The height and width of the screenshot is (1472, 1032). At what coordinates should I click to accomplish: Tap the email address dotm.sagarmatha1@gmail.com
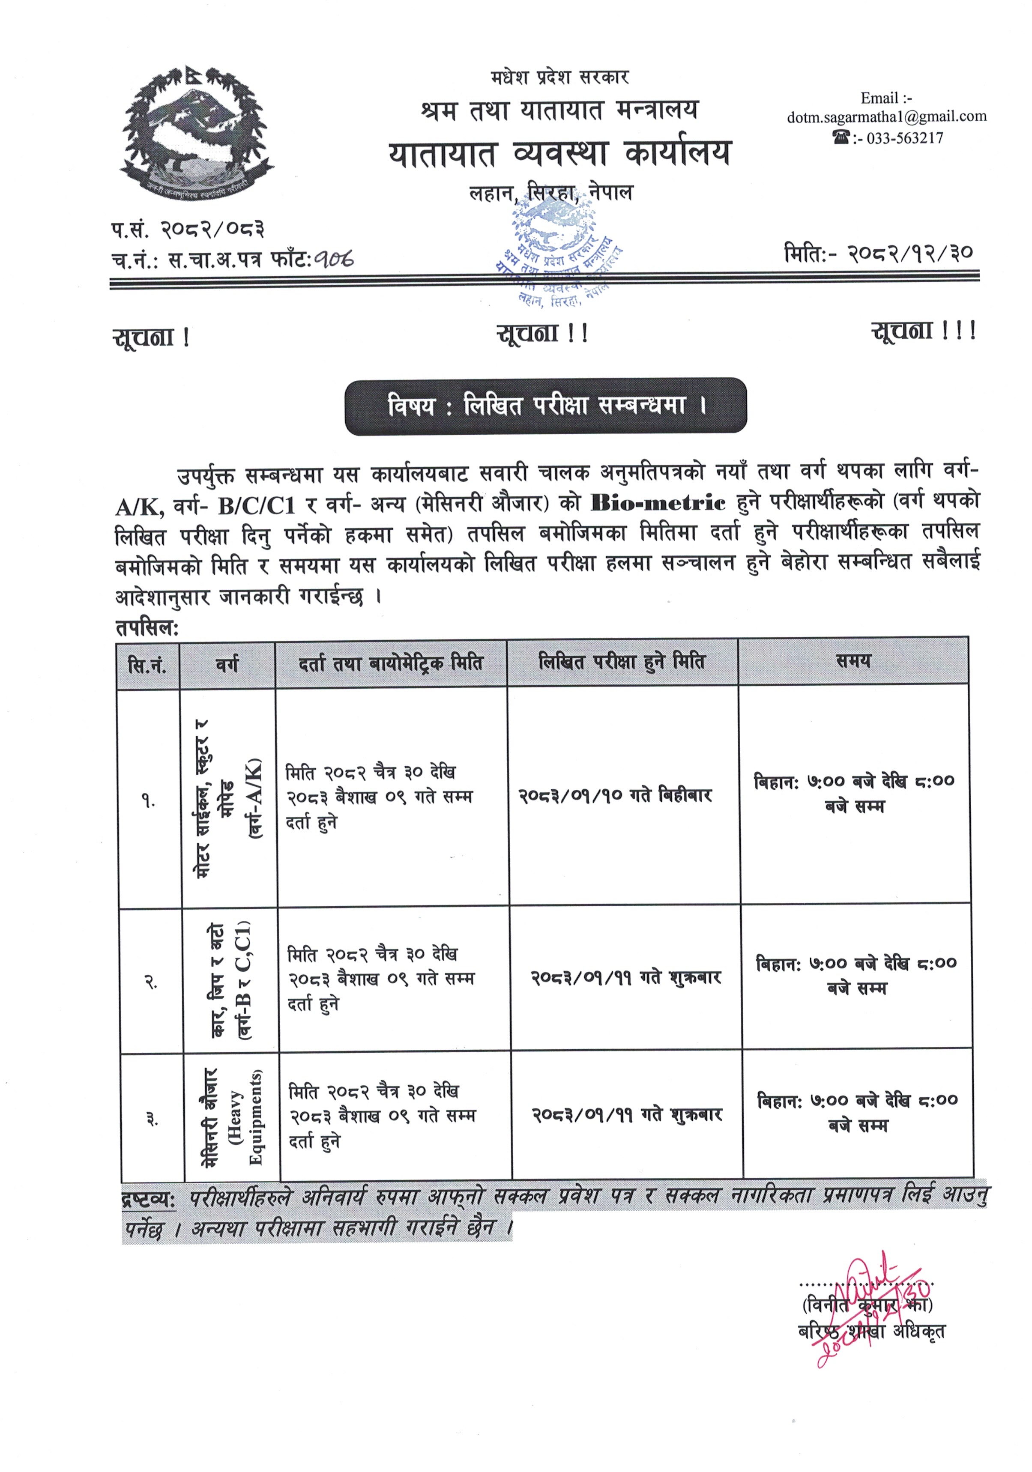click(x=886, y=116)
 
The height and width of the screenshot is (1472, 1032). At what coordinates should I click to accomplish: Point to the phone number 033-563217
click(x=904, y=138)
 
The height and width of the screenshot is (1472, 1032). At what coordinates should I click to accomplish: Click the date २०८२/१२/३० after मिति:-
click(x=911, y=253)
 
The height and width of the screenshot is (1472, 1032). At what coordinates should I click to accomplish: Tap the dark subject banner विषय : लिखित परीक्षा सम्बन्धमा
click(x=546, y=406)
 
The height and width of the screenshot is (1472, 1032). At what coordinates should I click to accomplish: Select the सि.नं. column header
click(x=147, y=665)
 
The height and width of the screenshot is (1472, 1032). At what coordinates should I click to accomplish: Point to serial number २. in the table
click(x=151, y=982)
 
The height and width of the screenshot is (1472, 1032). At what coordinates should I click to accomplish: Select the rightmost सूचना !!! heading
click(x=923, y=331)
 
